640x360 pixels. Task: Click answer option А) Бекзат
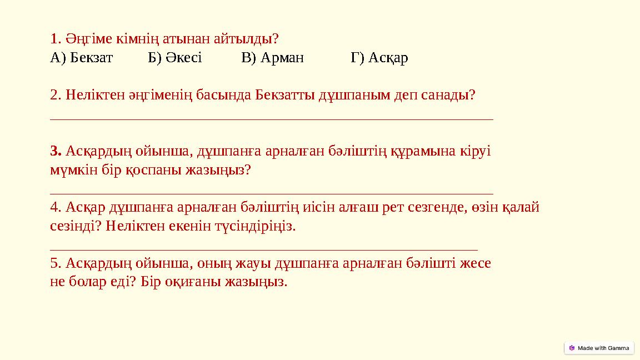81,58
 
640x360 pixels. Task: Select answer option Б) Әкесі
175,58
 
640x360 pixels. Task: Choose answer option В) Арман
273,58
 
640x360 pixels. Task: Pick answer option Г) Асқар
379,58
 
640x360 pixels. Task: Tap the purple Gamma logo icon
572,348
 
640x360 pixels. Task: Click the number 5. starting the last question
56,263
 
